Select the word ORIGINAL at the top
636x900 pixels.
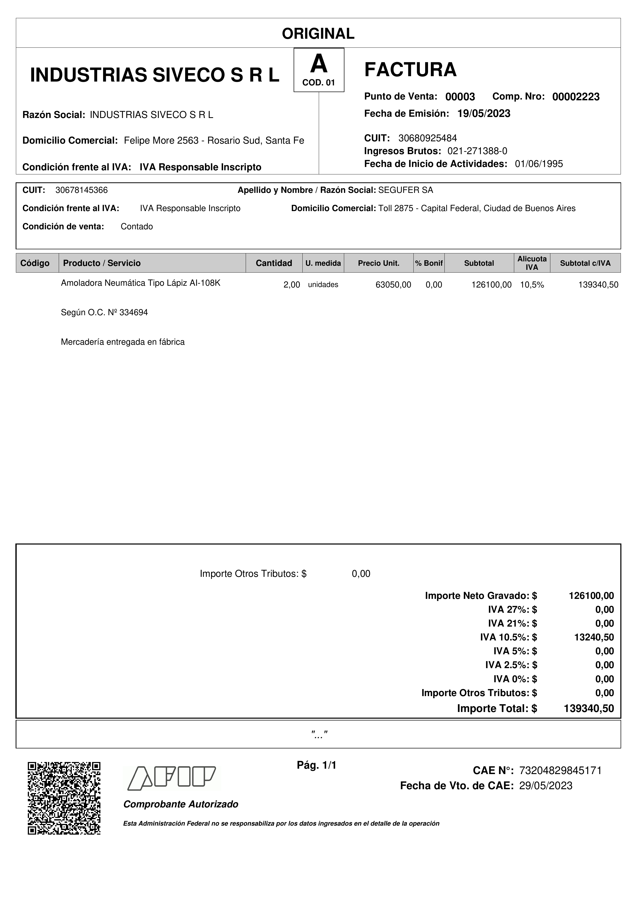click(x=318, y=34)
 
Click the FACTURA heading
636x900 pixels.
click(x=410, y=70)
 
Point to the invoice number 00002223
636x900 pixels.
click(x=576, y=97)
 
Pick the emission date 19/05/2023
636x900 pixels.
click(x=484, y=114)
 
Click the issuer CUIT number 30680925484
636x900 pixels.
click(x=428, y=138)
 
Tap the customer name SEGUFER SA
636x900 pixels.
click(x=406, y=190)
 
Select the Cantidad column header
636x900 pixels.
click(x=274, y=263)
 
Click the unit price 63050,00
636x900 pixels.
click(x=393, y=285)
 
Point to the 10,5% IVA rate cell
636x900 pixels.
click(x=532, y=285)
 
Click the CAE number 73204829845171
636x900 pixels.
click(x=560, y=771)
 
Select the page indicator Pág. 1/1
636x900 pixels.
click(x=317, y=765)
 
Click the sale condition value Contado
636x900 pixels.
click(x=137, y=226)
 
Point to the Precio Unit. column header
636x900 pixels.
click(x=379, y=263)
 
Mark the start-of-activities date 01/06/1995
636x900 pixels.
click(x=539, y=164)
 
